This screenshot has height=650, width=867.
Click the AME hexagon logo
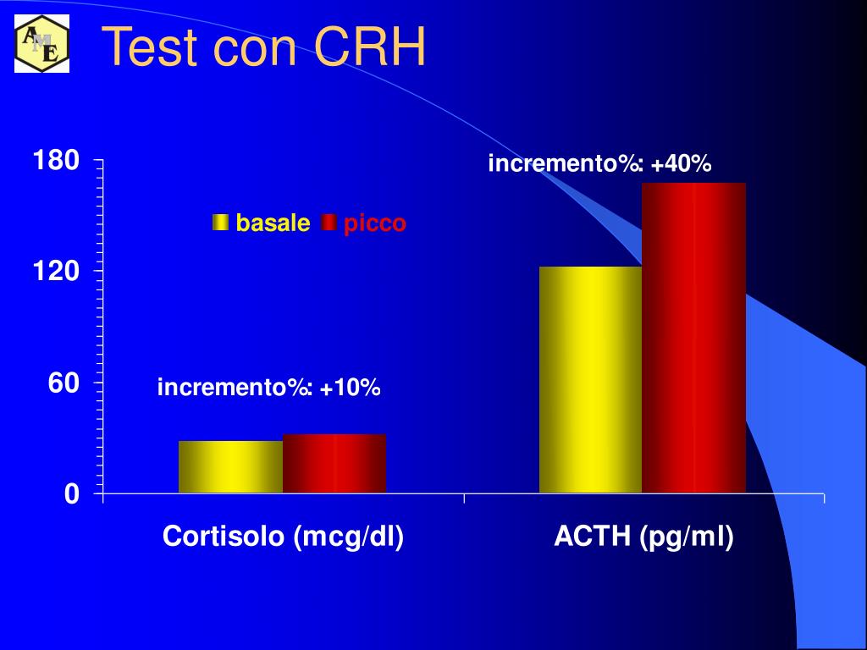(x=41, y=45)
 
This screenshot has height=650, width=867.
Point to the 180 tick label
(x=56, y=160)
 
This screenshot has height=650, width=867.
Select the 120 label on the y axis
(x=56, y=272)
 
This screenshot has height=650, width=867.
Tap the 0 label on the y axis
(x=71, y=494)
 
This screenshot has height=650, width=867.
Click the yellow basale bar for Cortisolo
(x=230, y=466)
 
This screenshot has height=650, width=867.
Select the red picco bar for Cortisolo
(x=334, y=463)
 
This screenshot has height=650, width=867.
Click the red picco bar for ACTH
(x=693, y=338)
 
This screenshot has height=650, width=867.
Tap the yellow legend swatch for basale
(x=221, y=223)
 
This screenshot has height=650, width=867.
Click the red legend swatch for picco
(x=329, y=223)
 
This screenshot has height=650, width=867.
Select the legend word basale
(x=273, y=223)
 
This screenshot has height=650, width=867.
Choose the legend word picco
(x=374, y=223)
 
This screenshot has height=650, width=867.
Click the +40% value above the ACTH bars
(x=682, y=163)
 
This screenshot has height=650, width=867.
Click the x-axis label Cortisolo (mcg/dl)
(x=283, y=537)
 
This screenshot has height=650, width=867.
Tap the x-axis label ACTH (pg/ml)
(x=643, y=537)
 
